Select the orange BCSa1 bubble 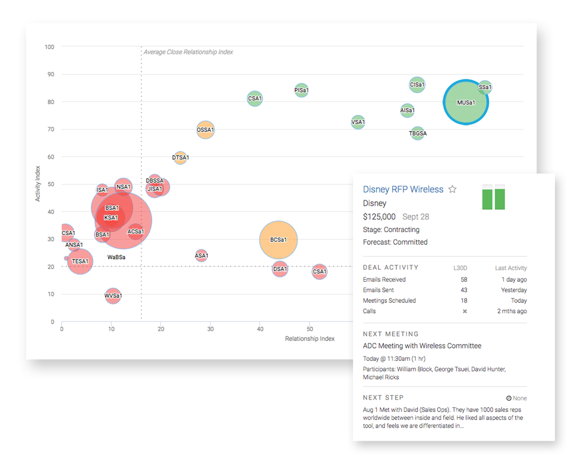coord(278,239)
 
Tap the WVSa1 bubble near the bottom coord(113,296)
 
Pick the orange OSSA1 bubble coord(205,130)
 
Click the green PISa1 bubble coord(301,90)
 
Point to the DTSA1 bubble coord(180,157)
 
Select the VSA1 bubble coord(358,122)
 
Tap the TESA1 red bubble coord(80,261)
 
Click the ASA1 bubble coord(201,255)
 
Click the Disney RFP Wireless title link coord(403,189)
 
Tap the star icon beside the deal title coord(452,189)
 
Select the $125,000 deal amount coord(379,217)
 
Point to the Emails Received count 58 coord(464,279)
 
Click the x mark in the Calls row coord(465,311)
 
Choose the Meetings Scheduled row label coord(389,301)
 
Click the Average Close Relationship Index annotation coord(188,52)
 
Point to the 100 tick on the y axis coord(49,47)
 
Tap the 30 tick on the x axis coord(210,329)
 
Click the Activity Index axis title coord(38,184)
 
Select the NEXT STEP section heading coord(383,397)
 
